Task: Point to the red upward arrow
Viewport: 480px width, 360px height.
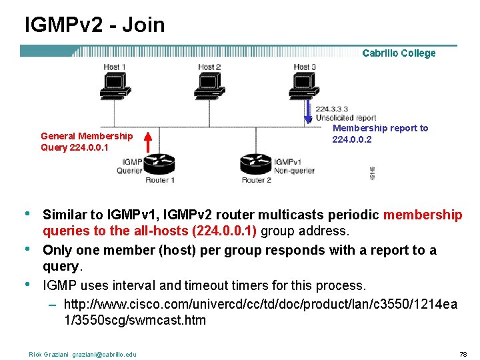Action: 149,142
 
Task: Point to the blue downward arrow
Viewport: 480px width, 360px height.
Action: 308,111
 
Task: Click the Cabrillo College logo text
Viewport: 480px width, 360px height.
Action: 399,53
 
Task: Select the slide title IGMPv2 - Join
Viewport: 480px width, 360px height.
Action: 95,25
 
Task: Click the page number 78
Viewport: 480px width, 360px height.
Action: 463,354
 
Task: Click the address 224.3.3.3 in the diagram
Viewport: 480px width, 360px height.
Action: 331,109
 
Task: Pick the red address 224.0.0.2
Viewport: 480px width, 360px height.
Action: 352,139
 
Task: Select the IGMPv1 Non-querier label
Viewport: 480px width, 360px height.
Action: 293,166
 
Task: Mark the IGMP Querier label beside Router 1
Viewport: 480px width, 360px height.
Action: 131,165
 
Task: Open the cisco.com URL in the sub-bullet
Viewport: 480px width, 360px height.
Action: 261,311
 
